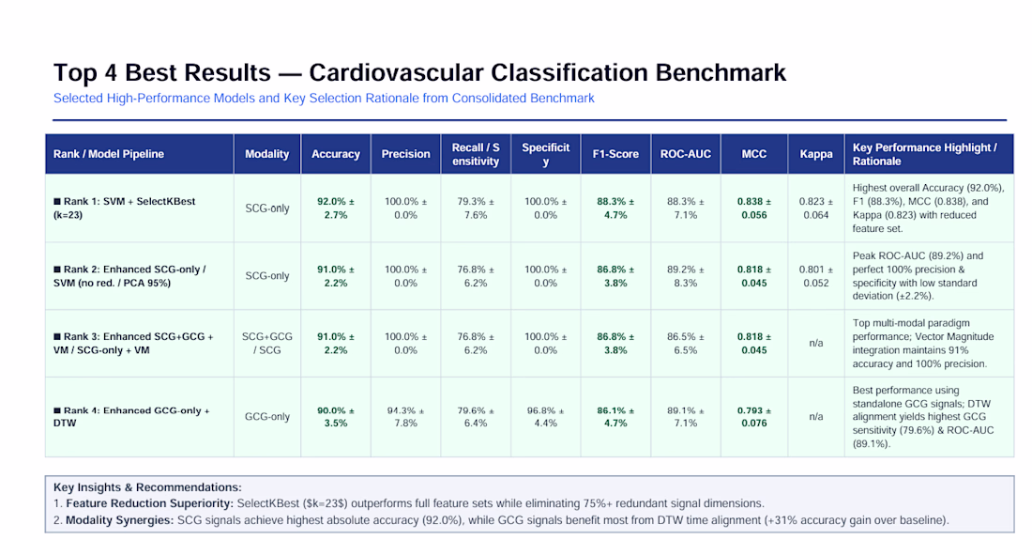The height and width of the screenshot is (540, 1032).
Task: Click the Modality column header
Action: (x=267, y=154)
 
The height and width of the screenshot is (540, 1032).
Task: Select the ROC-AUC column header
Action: (x=685, y=154)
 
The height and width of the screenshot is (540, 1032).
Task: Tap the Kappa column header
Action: (x=816, y=154)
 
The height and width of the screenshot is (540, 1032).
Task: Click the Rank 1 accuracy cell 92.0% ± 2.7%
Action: (x=336, y=208)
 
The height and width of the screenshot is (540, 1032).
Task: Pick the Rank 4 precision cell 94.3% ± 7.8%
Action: (x=405, y=417)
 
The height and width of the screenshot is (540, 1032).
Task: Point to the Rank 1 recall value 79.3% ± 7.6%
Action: (x=476, y=208)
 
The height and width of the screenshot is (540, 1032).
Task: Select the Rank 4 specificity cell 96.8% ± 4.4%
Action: (x=546, y=417)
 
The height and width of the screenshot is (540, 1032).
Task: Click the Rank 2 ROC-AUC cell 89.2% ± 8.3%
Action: (x=685, y=276)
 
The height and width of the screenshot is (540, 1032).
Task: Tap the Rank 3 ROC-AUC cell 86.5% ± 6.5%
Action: (x=685, y=343)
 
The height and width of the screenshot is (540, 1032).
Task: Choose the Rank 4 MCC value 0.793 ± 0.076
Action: (x=754, y=417)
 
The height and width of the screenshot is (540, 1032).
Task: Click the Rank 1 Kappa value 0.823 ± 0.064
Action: (x=816, y=208)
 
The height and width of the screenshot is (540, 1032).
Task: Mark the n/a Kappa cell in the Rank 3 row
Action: (x=816, y=343)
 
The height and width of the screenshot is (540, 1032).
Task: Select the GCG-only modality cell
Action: (x=267, y=417)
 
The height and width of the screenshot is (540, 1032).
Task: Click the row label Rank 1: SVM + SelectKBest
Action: (x=125, y=208)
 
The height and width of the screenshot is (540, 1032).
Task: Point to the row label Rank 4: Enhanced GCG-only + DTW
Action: (x=131, y=417)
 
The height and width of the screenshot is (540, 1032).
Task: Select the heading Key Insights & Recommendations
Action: (x=147, y=487)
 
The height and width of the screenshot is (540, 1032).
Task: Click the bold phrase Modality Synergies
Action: (x=119, y=520)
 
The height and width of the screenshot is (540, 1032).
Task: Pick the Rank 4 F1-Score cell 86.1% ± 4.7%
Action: (x=615, y=417)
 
